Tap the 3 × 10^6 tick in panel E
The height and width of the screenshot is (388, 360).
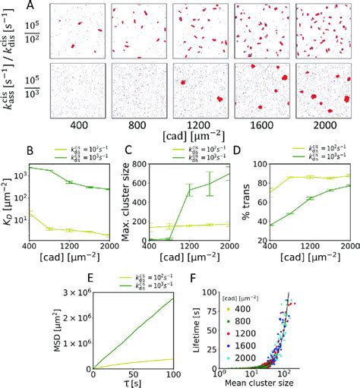pos(70,292)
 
